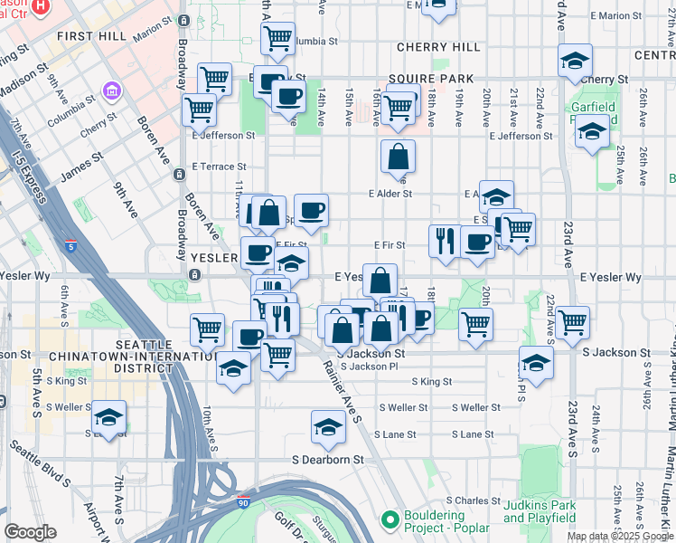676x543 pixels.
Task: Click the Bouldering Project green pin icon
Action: [x=390, y=519]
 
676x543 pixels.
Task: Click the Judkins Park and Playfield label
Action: [x=540, y=511]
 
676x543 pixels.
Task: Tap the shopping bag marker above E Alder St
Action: [x=398, y=158]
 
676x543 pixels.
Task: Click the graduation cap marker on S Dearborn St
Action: [x=328, y=427]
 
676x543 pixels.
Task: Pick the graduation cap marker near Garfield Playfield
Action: [x=592, y=133]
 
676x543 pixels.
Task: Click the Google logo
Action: [x=30, y=532]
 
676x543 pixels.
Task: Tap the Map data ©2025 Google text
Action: [x=620, y=536]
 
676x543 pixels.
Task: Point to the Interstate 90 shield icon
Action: [x=269, y=501]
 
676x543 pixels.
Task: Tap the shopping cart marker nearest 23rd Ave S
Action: [x=572, y=322]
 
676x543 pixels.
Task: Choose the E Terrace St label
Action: [x=219, y=167]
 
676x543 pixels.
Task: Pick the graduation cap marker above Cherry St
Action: [x=573, y=62]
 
